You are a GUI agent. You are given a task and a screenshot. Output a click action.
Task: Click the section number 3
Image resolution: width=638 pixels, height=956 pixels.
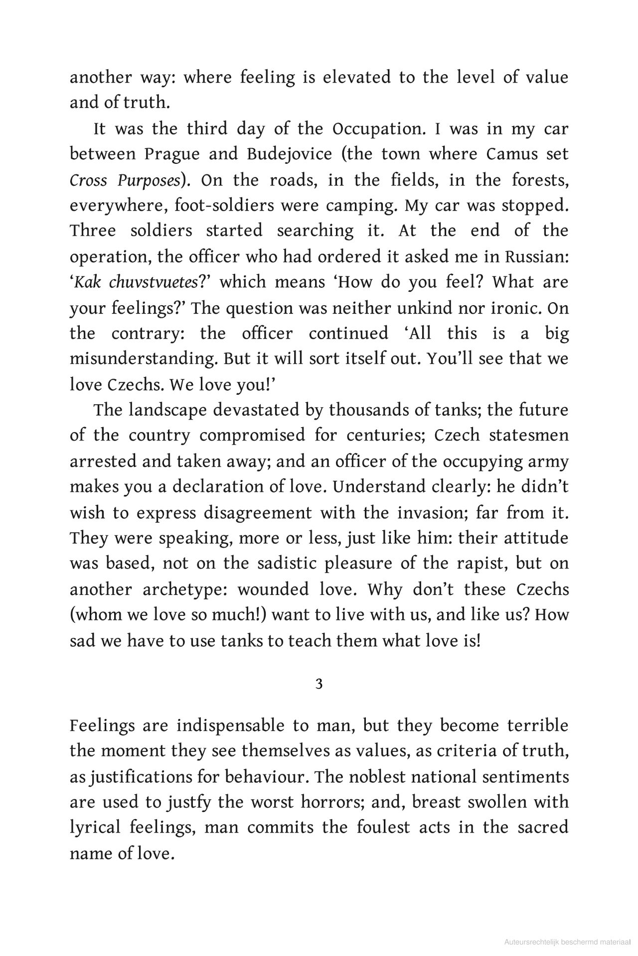pyautogui.click(x=319, y=684)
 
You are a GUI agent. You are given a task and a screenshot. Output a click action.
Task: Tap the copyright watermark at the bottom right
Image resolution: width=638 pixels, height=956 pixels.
pyautogui.click(x=568, y=942)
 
